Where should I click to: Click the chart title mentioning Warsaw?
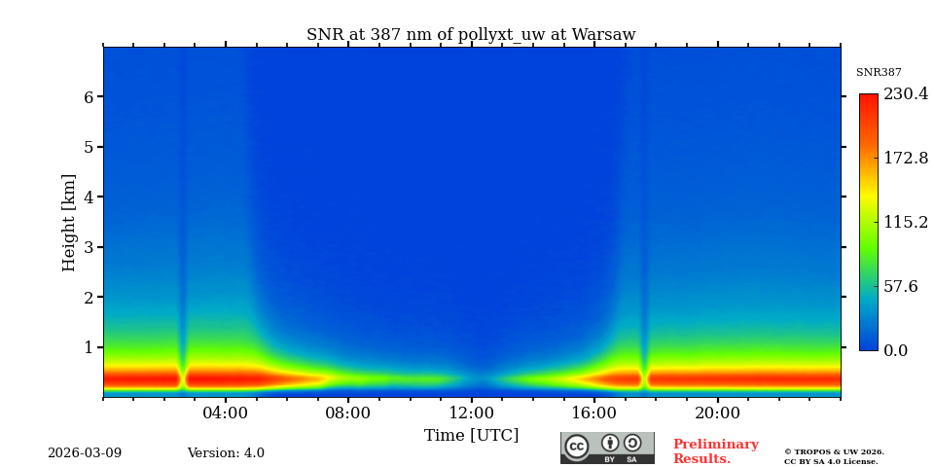471,35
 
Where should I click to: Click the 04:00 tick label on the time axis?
226,413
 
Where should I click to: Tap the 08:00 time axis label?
348,413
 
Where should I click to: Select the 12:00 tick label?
472,413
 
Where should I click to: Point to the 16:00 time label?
594,413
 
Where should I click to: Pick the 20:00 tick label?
717,413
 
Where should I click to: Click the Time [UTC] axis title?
472,435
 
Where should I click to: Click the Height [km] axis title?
69,222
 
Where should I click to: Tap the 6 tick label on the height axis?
89,97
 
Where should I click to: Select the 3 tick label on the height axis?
89,247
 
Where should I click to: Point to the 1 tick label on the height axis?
89,347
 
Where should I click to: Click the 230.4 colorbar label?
905,94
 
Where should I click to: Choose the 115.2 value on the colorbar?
905,222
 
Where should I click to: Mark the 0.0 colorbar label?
896,350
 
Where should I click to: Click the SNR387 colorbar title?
879,73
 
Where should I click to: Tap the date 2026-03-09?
85,453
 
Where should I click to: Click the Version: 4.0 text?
226,453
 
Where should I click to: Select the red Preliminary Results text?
715,451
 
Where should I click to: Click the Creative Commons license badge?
607,448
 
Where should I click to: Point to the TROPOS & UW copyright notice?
834,456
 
